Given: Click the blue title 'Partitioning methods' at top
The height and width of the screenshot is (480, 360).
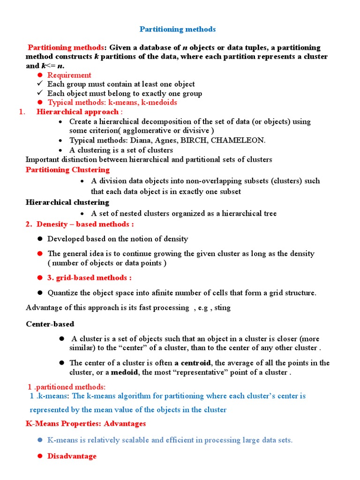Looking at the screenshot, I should tap(178, 29).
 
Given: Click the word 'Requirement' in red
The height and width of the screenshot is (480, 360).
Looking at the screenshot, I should tap(69, 75).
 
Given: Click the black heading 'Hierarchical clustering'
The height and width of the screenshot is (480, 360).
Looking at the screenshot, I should tap(67, 202).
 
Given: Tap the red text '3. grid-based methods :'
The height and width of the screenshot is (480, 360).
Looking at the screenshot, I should tap(89, 277).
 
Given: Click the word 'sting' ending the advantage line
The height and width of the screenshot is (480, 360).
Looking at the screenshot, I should tap(222, 307).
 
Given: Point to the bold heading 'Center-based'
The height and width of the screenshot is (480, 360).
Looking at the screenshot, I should tap(50, 324).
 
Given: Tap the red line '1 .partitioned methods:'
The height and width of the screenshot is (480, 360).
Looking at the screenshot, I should tap(67, 387).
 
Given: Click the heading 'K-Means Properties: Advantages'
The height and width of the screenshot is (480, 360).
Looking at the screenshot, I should tap(85, 423).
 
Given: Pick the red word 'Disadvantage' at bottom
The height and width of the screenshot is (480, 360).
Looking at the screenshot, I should tap(72, 456).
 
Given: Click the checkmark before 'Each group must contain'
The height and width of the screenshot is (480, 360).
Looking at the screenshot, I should tap(40, 84).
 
